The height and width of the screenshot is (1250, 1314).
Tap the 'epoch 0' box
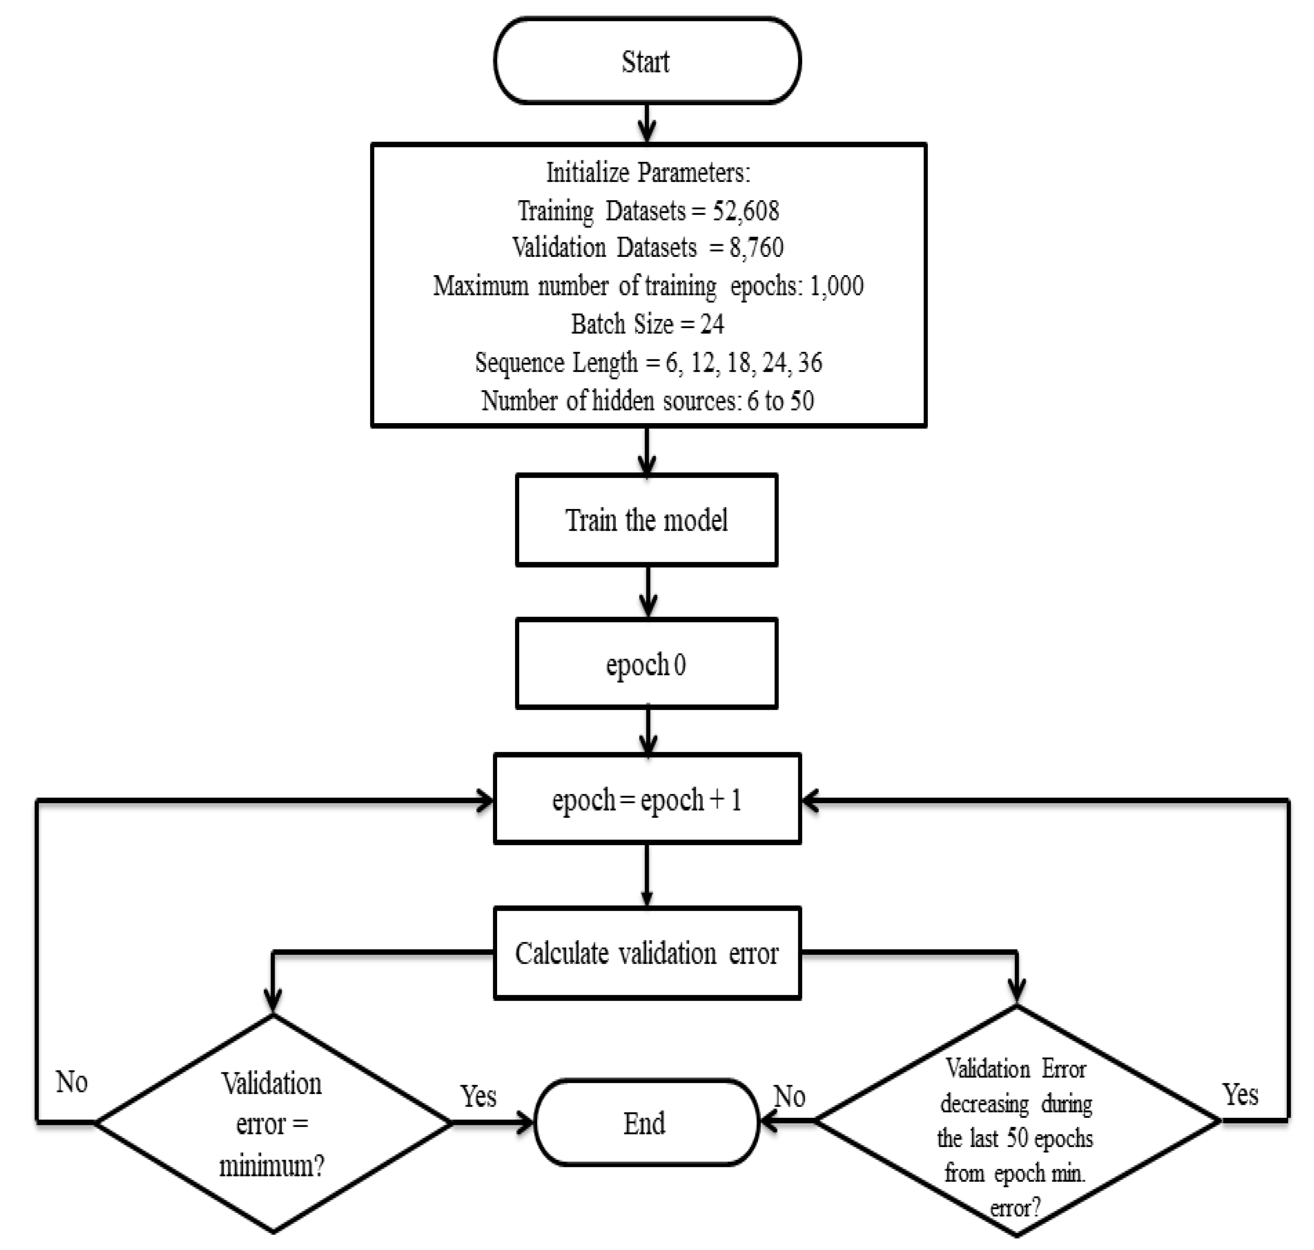pos(646,664)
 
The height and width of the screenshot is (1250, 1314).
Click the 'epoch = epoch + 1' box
pos(646,799)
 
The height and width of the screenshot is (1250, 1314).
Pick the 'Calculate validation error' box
pos(646,953)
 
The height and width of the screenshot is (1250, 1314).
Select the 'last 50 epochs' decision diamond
pos(1016,1121)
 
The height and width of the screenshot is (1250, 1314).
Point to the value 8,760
pos(756,248)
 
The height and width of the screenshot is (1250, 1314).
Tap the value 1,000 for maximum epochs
pos(836,286)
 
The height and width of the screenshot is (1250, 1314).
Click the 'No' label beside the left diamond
pos(71,1082)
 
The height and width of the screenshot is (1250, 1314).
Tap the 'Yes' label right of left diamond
pos(478,1096)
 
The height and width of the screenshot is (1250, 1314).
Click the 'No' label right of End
pos(790,1096)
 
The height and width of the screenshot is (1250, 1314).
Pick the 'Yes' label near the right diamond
pos(1239,1094)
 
